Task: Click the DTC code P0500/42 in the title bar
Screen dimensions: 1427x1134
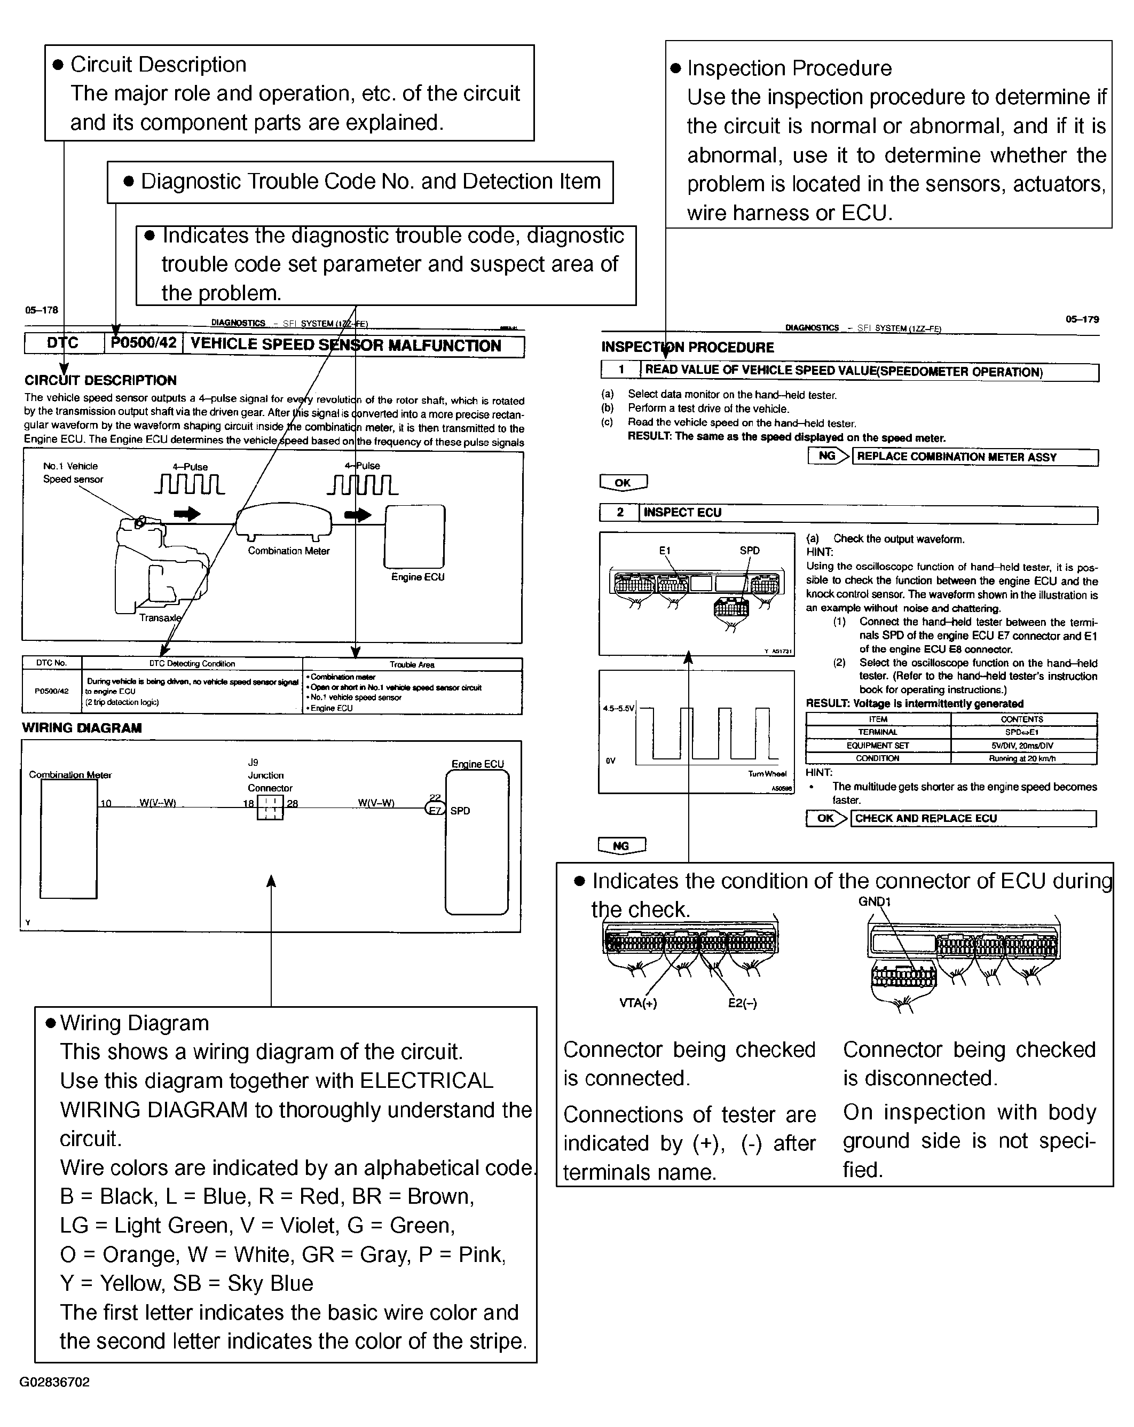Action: pyautogui.click(x=144, y=343)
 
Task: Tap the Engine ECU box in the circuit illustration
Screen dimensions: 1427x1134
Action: pyautogui.click(x=415, y=536)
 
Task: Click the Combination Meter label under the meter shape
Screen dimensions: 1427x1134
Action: pyautogui.click(x=288, y=551)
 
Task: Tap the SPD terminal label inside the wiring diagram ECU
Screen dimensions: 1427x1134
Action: pyautogui.click(x=460, y=811)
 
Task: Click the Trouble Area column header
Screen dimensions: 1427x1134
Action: pyautogui.click(x=412, y=664)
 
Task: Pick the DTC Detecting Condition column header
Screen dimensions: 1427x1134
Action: pyautogui.click(x=192, y=664)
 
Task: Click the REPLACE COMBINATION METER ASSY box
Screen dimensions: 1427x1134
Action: pyautogui.click(x=974, y=457)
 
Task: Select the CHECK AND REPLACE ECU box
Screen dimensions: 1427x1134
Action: pyautogui.click(x=973, y=819)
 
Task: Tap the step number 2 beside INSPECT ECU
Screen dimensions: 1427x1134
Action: pyautogui.click(x=620, y=512)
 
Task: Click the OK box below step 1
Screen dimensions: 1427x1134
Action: pyautogui.click(x=623, y=482)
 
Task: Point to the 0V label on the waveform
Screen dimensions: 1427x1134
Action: pyautogui.click(x=611, y=761)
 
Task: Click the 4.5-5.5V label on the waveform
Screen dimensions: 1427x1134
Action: pyautogui.click(x=618, y=709)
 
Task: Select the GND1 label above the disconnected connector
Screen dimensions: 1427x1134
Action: pyautogui.click(x=875, y=901)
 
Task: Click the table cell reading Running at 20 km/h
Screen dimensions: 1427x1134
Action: pyautogui.click(x=1022, y=758)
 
